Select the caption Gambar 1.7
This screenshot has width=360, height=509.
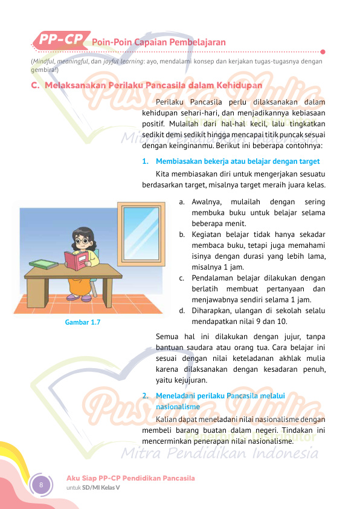click(83, 322)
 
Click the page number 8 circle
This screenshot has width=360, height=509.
click(41, 485)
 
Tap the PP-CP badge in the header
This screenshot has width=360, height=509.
click(62, 40)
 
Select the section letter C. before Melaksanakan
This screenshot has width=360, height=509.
click(35, 86)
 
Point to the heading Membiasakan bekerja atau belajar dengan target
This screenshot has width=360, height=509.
click(237, 161)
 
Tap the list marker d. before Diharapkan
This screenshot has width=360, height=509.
click(182, 311)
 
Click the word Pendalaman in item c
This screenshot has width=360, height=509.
click(213, 278)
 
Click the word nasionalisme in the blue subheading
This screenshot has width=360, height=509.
click(178, 407)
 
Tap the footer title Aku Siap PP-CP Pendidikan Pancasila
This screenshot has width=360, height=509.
click(130, 478)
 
